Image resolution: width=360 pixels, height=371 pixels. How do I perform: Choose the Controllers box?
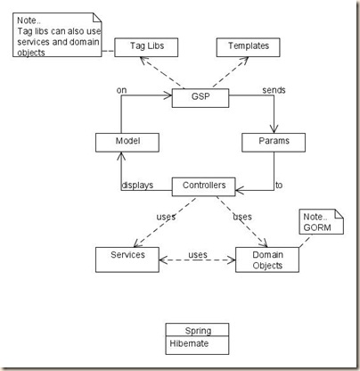tap(204, 186)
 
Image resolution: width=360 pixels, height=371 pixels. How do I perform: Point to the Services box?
tap(128, 257)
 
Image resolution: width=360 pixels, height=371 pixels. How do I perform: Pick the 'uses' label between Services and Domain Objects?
tap(197, 255)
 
